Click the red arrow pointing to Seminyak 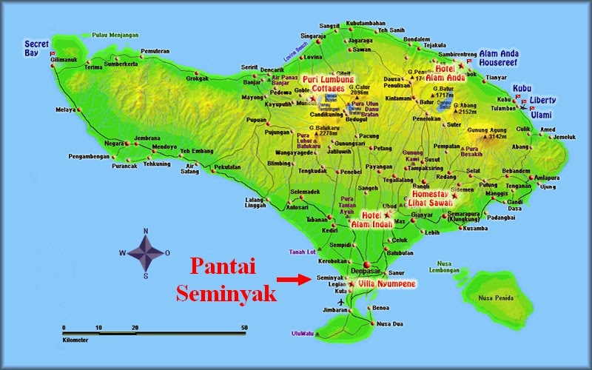point(293,280)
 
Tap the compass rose point(146,252)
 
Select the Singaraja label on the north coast point(312,36)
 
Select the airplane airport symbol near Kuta point(340,303)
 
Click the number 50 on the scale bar point(244,327)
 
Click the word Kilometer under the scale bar point(75,340)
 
